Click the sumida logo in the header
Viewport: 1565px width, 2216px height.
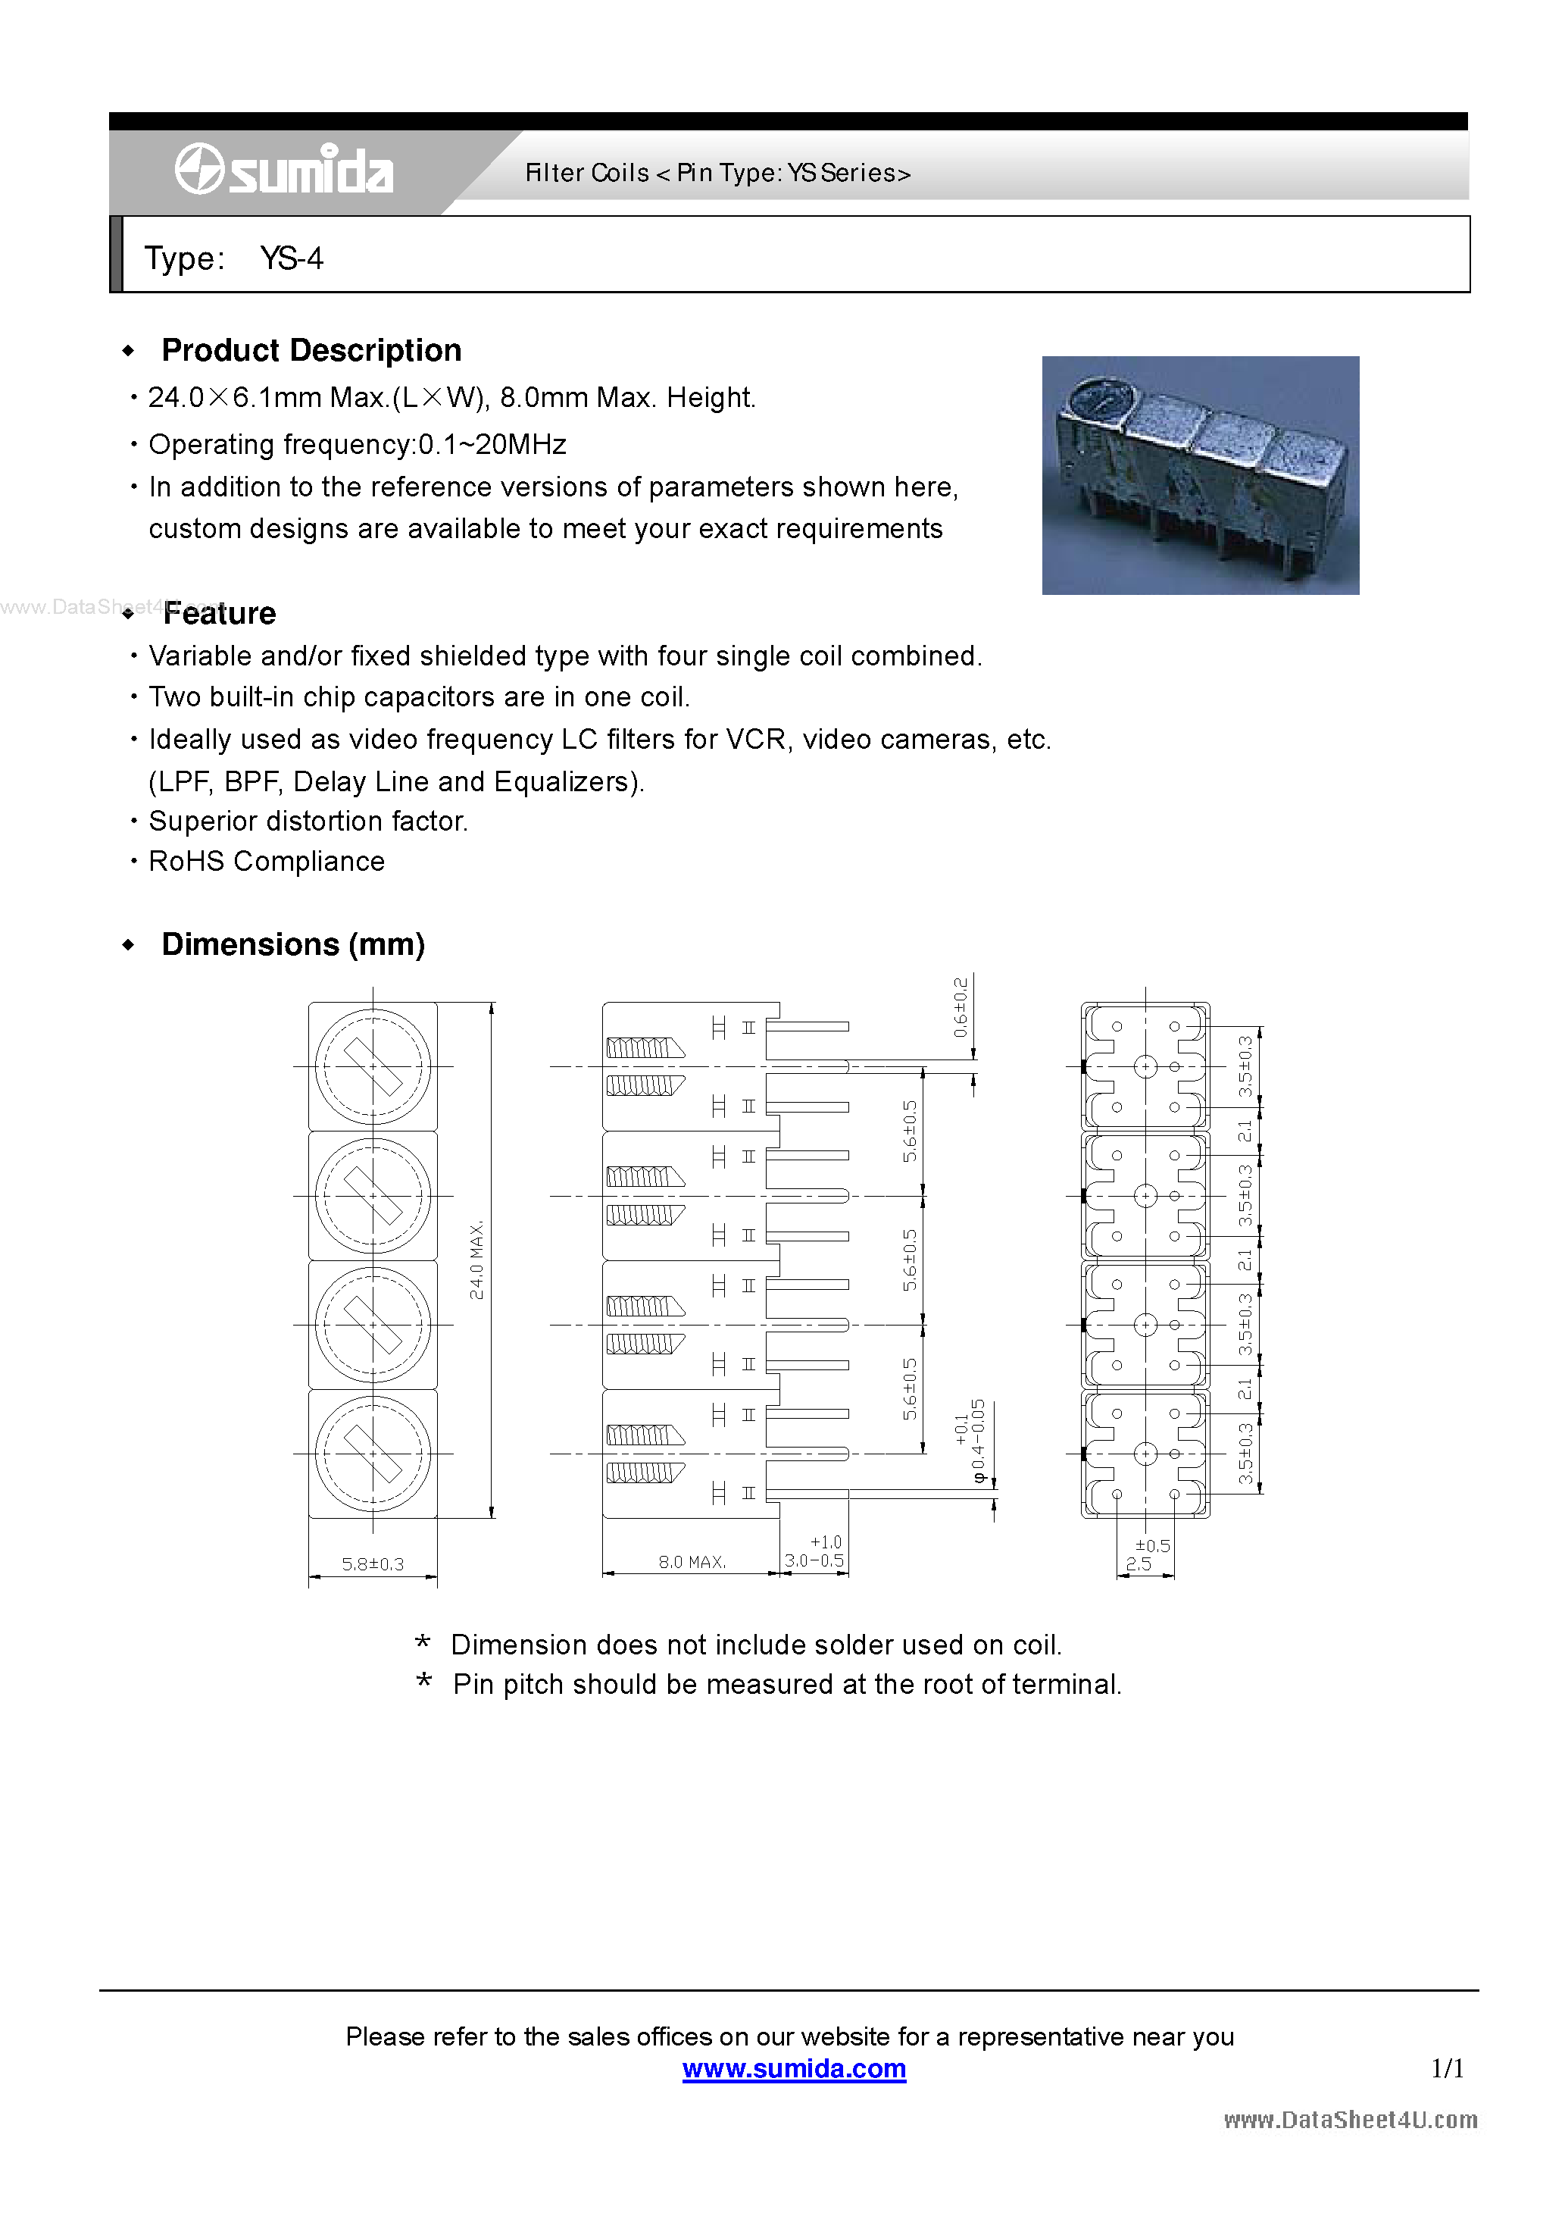283,170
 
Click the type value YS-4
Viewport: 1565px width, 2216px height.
292,258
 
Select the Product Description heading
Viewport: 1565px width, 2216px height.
311,350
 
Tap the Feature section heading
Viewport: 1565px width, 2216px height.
219,614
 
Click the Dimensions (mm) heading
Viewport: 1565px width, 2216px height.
292,944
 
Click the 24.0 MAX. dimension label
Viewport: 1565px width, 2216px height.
476,1260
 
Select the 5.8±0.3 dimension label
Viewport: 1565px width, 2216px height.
373,1563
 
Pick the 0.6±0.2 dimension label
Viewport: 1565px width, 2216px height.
960,1006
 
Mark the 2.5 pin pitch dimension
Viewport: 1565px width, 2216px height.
1139,1563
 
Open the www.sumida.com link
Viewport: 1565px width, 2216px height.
793,2068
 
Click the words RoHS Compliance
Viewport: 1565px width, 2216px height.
267,861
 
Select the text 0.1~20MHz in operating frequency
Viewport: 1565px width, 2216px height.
492,444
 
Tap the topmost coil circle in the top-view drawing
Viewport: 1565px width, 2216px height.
373,1066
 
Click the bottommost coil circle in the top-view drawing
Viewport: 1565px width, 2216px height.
373,1454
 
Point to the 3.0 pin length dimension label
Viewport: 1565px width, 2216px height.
814,1560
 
